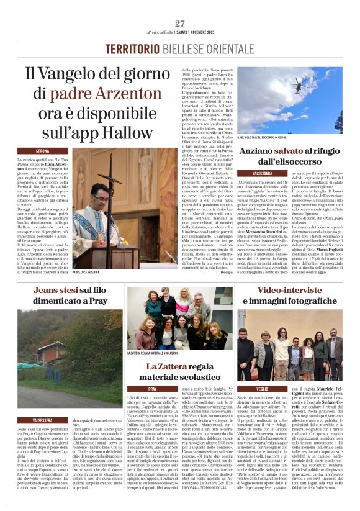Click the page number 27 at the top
point(180,24)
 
